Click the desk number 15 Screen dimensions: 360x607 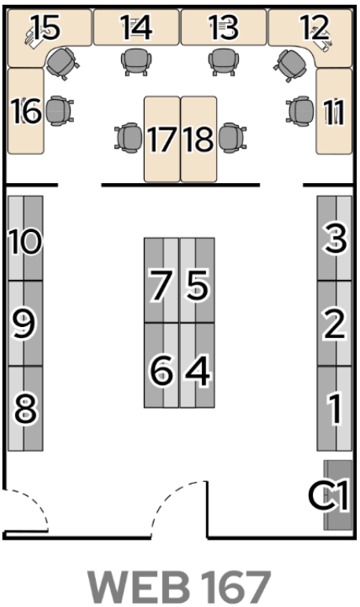click(x=46, y=27)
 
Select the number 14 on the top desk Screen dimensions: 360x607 click(x=136, y=27)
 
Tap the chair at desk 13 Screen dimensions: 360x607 click(x=223, y=61)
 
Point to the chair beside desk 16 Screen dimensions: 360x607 click(x=60, y=111)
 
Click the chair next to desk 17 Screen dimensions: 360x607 click(x=129, y=138)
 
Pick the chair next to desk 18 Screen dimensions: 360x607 click(x=232, y=138)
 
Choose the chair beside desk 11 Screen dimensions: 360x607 click(x=300, y=110)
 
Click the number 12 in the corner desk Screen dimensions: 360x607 click(x=314, y=27)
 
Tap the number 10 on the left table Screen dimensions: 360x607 click(x=24, y=241)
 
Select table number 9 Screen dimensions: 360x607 click(x=24, y=325)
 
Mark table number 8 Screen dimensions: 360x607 click(x=26, y=409)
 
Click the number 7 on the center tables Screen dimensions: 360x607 click(x=160, y=285)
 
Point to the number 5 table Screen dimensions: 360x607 click(x=197, y=285)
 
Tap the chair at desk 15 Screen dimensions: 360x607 click(x=63, y=63)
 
